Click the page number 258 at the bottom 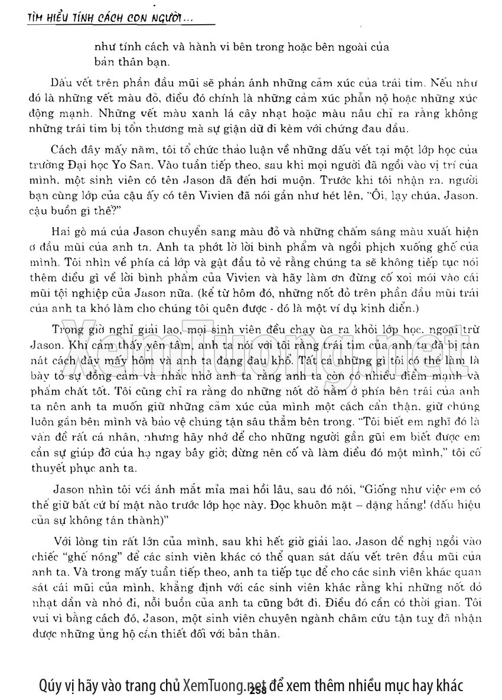click(x=259, y=690)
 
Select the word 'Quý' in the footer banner click(x=51, y=685)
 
